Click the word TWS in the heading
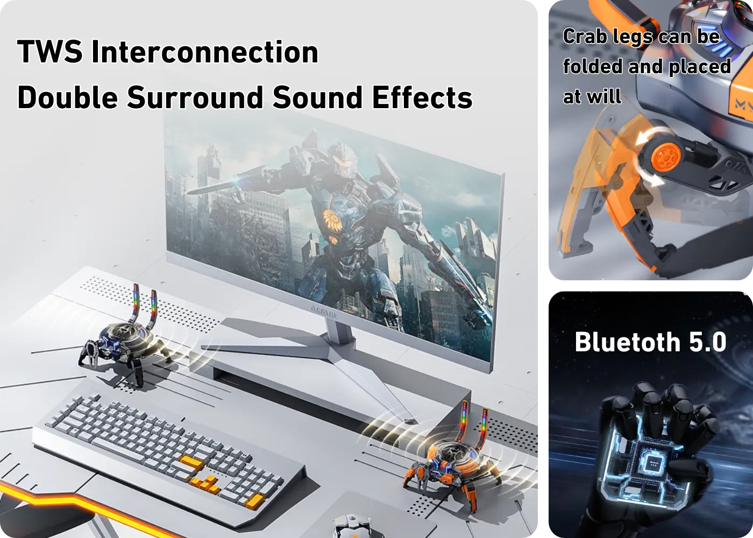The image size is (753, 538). tap(49, 52)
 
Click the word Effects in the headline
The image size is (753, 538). tap(422, 97)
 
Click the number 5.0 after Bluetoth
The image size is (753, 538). tap(708, 342)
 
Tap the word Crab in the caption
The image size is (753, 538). tap(585, 37)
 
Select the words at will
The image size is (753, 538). tap(592, 97)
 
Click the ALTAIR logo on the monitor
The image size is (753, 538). tap(323, 312)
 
